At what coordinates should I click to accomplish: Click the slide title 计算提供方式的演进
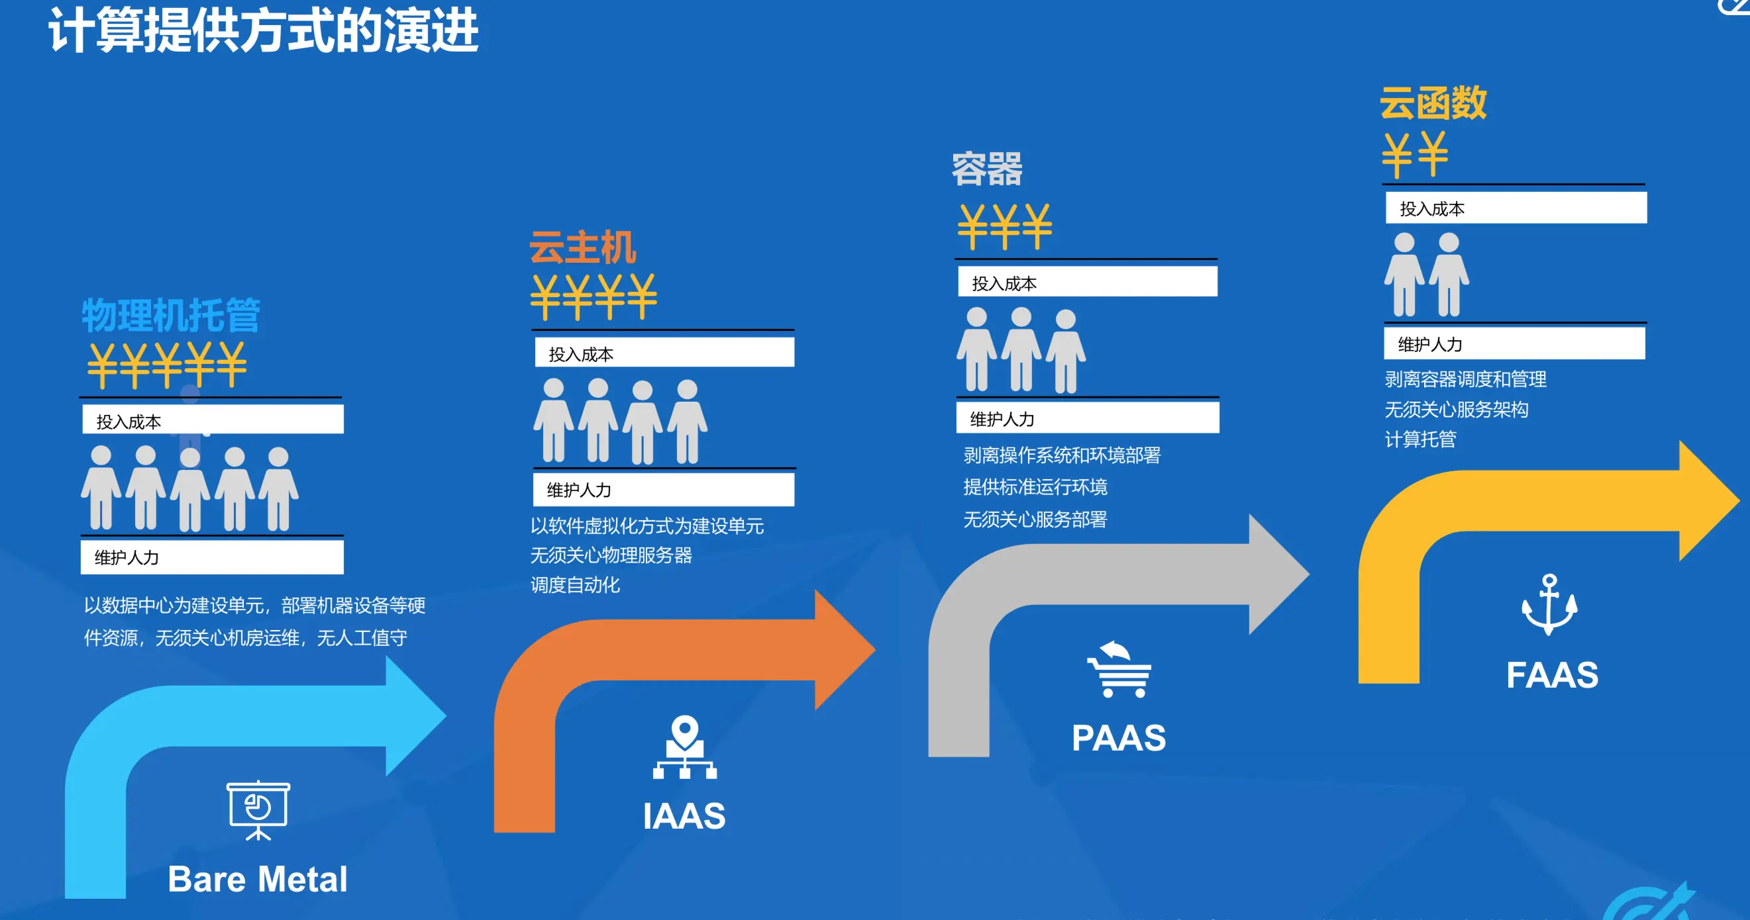(264, 31)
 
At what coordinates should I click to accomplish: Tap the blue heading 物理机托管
(171, 315)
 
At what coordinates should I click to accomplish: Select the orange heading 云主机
(583, 247)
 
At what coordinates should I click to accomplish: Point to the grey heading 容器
(986, 168)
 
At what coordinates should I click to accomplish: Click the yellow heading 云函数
(1433, 104)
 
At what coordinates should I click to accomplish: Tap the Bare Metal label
(258, 878)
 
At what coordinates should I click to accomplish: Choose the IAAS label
(684, 815)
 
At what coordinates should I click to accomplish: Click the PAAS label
(1118, 738)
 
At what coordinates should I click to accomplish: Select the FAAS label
(1553, 675)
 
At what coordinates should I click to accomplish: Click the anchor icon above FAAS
(1549, 604)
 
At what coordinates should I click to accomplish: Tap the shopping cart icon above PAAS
(1119, 669)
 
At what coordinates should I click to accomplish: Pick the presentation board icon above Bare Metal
(258, 810)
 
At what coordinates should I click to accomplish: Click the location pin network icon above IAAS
(685, 747)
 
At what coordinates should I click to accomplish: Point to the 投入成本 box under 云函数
(1516, 208)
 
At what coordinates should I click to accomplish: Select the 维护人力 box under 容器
(1088, 418)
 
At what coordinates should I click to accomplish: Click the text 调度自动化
(575, 584)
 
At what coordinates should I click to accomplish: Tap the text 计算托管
(1421, 439)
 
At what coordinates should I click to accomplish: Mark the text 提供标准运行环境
(1035, 487)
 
